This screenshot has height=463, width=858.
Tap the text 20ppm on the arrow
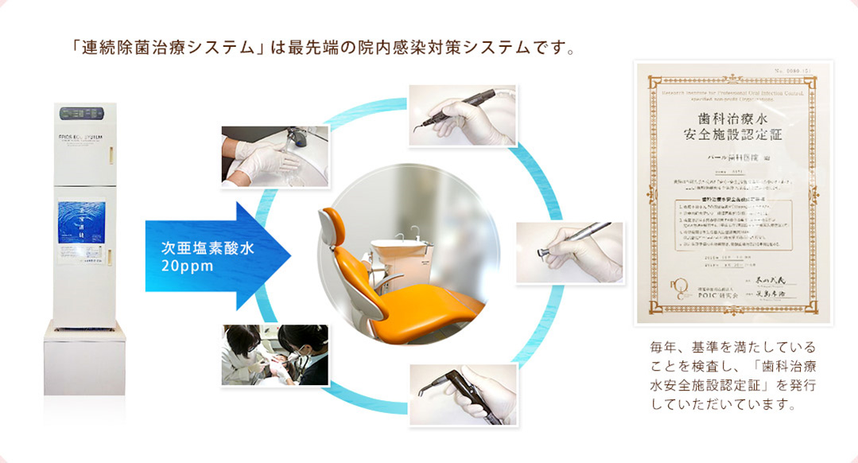187,267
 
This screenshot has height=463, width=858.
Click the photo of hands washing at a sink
275,156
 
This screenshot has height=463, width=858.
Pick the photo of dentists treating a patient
275,355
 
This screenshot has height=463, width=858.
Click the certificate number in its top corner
795,72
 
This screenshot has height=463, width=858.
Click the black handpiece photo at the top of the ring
463,115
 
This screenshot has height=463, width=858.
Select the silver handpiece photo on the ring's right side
569,252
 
